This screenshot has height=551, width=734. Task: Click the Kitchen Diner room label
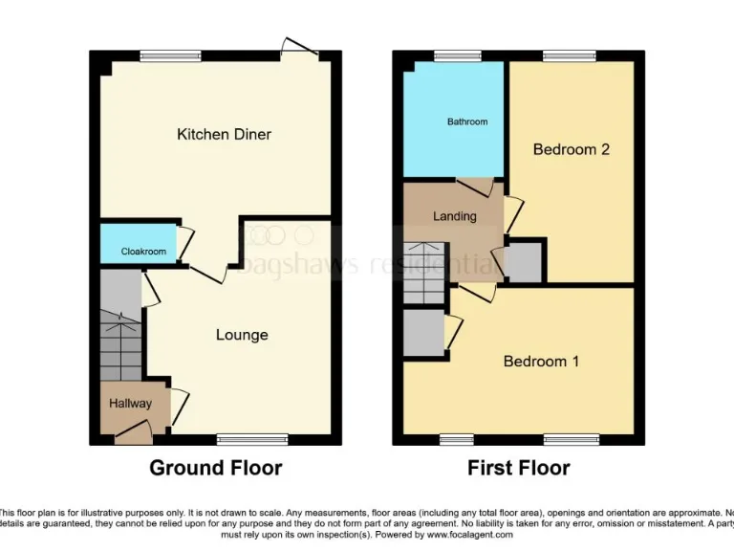point(224,135)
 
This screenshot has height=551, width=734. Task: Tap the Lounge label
point(242,335)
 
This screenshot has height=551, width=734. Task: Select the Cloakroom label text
point(143,252)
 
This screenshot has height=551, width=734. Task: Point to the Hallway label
point(130,403)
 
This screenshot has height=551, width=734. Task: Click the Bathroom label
point(467,121)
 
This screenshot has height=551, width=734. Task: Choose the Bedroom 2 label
point(571,150)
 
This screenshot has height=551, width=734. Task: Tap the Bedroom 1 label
point(541,362)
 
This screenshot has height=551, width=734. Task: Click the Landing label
point(454,216)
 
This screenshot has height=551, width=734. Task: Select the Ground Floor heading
point(215,468)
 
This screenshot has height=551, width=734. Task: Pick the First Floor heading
point(518,468)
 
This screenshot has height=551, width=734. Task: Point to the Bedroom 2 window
point(571,56)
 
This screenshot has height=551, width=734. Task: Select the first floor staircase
point(425,273)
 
